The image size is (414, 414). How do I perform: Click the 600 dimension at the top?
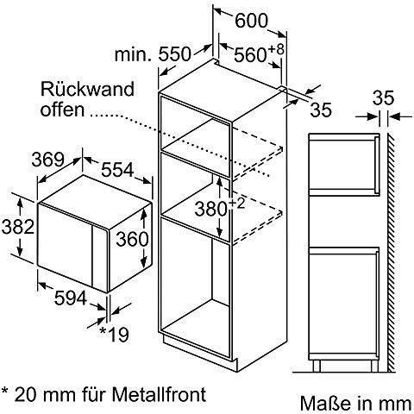click(x=251, y=21)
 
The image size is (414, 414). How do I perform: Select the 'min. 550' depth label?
click(x=153, y=54)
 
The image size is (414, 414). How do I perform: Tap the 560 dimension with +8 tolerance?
click(x=259, y=53)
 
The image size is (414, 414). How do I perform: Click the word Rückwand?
click(x=87, y=89)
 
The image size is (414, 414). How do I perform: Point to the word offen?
click(x=63, y=110)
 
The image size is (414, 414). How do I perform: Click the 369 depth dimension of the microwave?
click(x=47, y=160)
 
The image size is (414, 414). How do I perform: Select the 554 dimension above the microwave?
click(x=117, y=169)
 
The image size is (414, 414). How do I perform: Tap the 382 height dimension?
click(x=18, y=227)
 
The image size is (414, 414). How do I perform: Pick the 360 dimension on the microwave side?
click(x=132, y=239)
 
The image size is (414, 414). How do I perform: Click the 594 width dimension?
click(x=71, y=298)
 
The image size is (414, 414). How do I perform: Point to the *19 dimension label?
click(x=114, y=334)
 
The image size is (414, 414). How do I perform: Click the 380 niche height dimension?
click(x=210, y=209)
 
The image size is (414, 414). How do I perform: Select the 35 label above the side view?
click(x=384, y=98)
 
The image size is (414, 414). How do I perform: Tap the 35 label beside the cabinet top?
click(x=321, y=110)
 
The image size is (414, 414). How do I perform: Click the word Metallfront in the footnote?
click(x=160, y=394)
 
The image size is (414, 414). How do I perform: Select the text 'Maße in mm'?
click(x=355, y=404)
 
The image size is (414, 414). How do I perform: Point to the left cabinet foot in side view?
click(x=317, y=366)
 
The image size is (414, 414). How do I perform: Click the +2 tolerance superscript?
click(x=237, y=204)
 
